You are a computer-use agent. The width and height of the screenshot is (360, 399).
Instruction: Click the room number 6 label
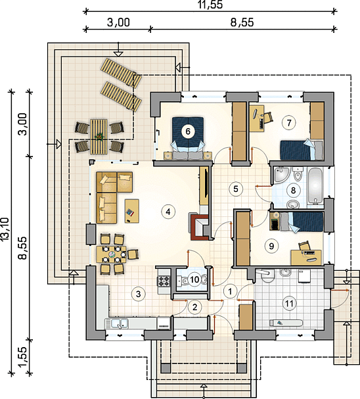point(188,131)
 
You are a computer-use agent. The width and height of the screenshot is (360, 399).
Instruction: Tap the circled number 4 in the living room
point(168,212)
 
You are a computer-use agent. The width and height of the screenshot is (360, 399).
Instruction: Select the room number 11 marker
point(289,303)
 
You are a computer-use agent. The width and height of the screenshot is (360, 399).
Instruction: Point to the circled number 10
point(194,280)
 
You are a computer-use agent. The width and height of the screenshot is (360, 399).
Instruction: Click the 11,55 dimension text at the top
point(210,5)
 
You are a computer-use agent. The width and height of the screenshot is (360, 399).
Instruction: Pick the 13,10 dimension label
point(5,229)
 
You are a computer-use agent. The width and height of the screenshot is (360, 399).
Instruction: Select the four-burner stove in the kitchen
point(164,281)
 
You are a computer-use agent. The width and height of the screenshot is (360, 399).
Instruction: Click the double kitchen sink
point(116,323)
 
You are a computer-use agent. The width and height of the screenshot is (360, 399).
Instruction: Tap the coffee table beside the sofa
point(132,211)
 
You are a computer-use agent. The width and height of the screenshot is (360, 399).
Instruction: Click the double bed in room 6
point(188,138)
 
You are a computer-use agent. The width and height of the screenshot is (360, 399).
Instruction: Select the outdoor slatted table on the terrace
point(99,136)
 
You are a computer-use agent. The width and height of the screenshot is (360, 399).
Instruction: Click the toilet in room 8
point(297,174)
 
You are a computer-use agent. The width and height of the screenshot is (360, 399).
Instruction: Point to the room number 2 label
point(194,307)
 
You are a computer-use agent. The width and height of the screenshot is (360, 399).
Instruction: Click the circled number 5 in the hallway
point(236,189)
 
